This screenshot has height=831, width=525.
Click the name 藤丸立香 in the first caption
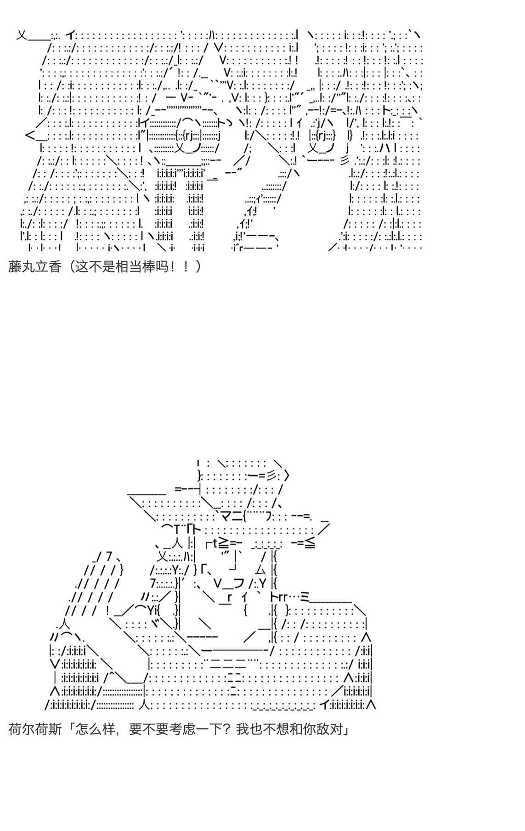[34, 266]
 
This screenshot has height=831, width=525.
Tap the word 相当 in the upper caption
[129, 266]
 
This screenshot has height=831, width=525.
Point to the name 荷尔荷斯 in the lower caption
[35, 729]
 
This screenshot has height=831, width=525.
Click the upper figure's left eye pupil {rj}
[189, 136]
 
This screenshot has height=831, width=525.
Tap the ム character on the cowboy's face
[260, 570]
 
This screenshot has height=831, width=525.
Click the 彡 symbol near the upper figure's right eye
[344, 161]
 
